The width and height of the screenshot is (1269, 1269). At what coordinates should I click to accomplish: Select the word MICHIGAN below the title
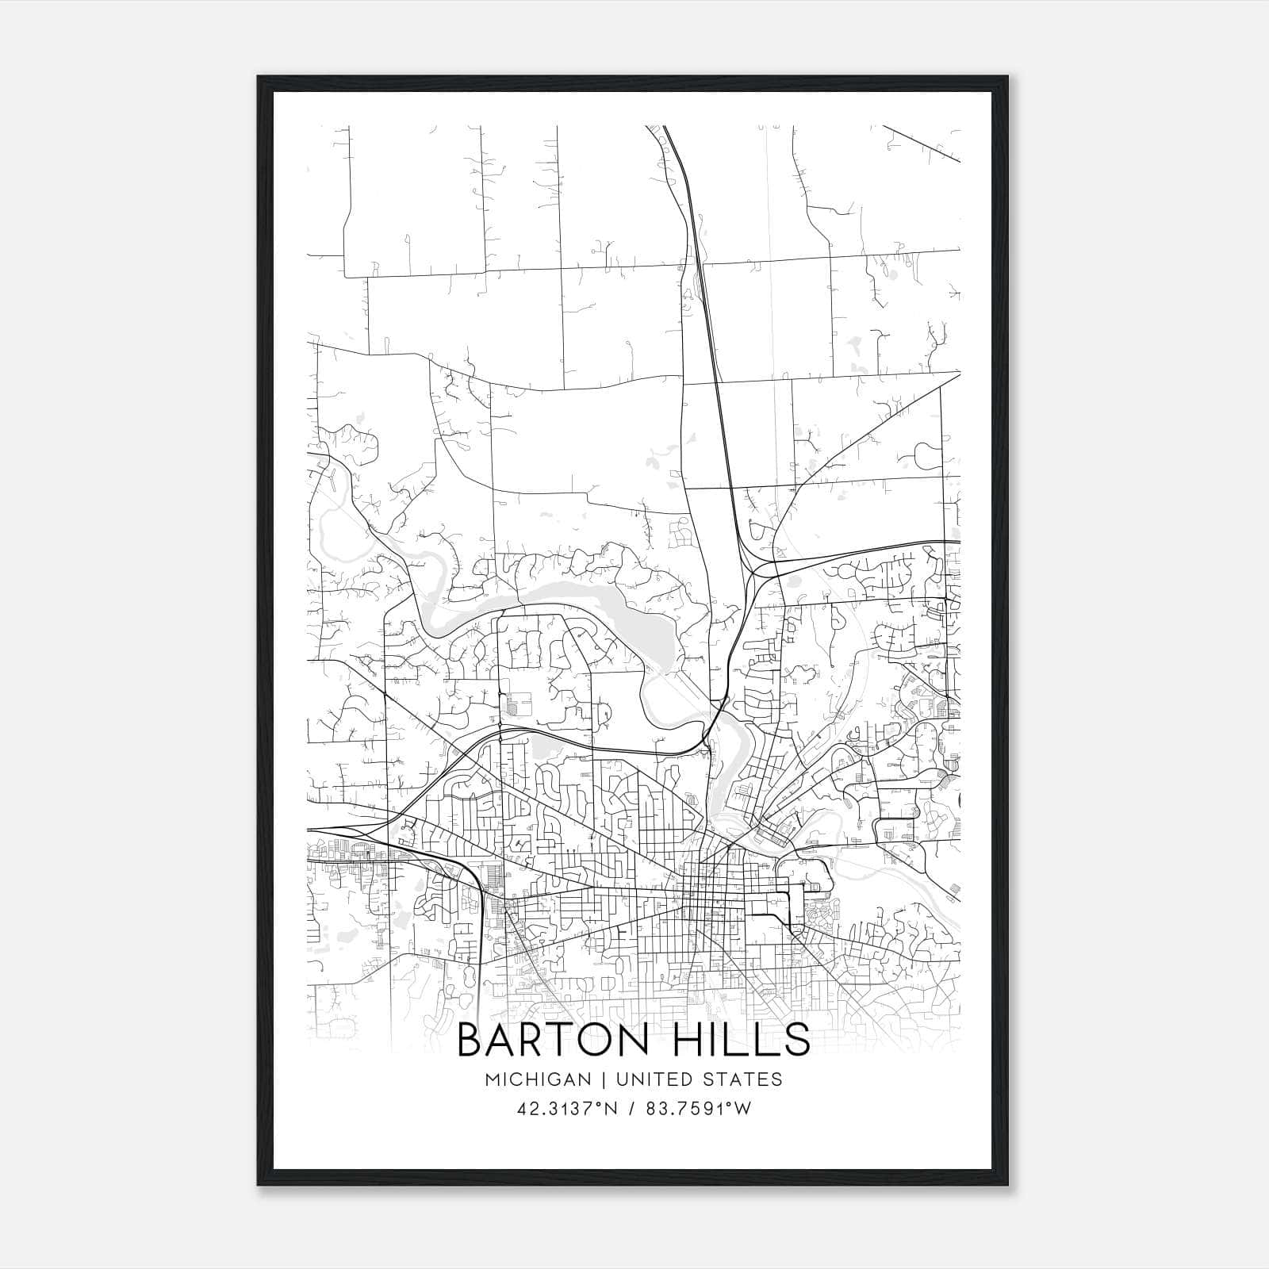[539, 1079]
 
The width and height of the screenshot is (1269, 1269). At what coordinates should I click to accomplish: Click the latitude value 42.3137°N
[565, 1109]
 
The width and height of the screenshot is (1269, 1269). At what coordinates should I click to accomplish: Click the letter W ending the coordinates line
[742, 1109]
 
